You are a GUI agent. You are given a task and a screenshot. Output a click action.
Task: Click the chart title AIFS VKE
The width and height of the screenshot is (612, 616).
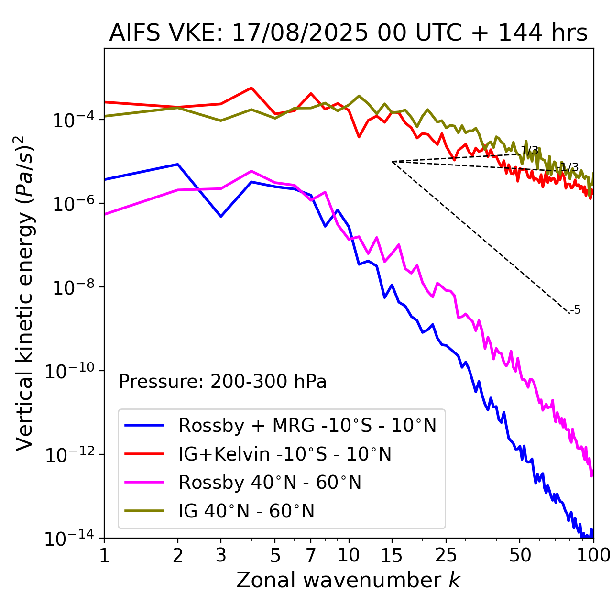pyautogui.click(x=348, y=33)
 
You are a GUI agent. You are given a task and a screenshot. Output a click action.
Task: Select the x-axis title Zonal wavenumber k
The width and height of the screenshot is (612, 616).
pyautogui.click(x=348, y=580)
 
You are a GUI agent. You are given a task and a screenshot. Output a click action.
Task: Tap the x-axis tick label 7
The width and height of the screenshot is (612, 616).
pyautogui.click(x=311, y=555)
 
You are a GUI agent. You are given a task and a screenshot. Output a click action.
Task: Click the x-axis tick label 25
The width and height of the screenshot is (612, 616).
pyautogui.click(x=446, y=555)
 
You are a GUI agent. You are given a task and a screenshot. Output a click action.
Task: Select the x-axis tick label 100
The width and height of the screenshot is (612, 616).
pyautogui.click(x=593, y=555)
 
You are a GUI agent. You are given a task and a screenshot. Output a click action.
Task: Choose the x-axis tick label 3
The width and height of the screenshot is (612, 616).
pyautogui.click(x=221, y=555)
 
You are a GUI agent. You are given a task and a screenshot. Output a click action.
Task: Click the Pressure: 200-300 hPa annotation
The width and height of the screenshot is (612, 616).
pyautogui.click(x=222, y=382)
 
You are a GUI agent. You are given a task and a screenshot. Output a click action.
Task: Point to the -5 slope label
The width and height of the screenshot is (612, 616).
pyautogui.click(x=576, y=310)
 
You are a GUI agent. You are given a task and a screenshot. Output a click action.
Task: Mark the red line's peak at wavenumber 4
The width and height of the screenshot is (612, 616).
pyautogui.click(x=251, y=88)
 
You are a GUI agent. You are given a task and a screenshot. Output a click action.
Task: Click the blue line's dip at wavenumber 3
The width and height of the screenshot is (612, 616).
pyautogui.click(x=221, y=216)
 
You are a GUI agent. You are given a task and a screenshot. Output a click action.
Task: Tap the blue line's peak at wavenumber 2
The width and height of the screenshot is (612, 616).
pyautogui.click(x=178, y=165)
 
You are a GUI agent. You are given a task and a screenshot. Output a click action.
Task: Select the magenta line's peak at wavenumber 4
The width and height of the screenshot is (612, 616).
pyautogui.click(x=251, y=171)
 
